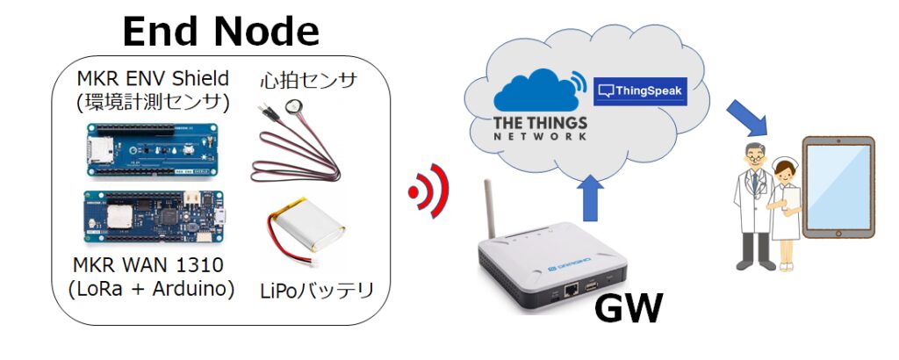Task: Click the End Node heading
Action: coord(220,32)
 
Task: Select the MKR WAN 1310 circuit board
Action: coord(155,213)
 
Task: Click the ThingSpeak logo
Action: coord(640,90)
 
